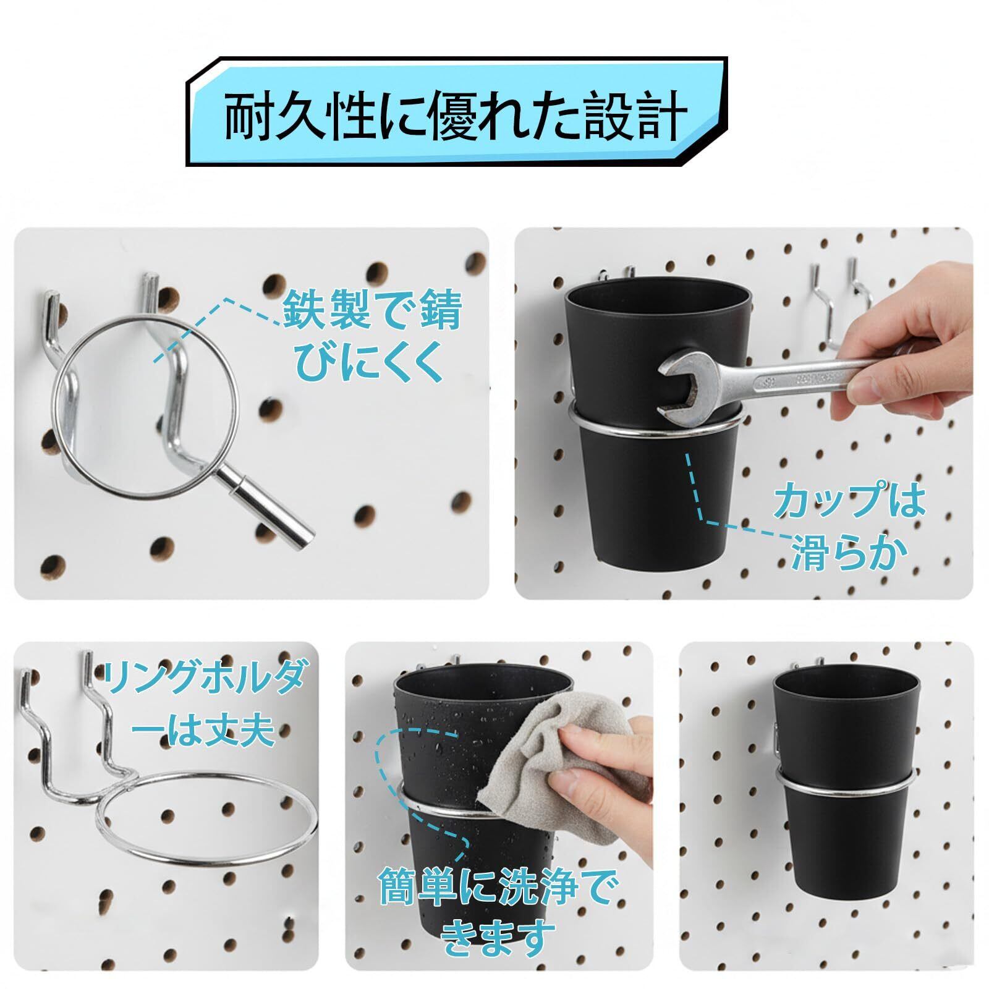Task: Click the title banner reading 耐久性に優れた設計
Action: pyautogui.click(x=457, y=112)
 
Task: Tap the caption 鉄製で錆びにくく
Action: pyautogui.click(x=373, y=339)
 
